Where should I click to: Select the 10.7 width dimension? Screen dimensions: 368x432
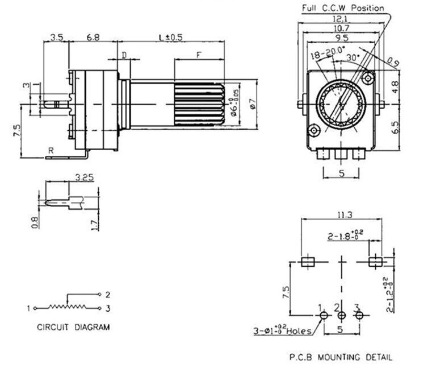(341, 28)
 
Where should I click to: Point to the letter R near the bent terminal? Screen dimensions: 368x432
(51, 151)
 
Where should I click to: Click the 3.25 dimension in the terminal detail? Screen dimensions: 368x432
(83, 177)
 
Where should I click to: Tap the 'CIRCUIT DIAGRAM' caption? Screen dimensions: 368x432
(73, 327)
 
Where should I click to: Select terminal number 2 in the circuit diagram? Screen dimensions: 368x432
(107, 294)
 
